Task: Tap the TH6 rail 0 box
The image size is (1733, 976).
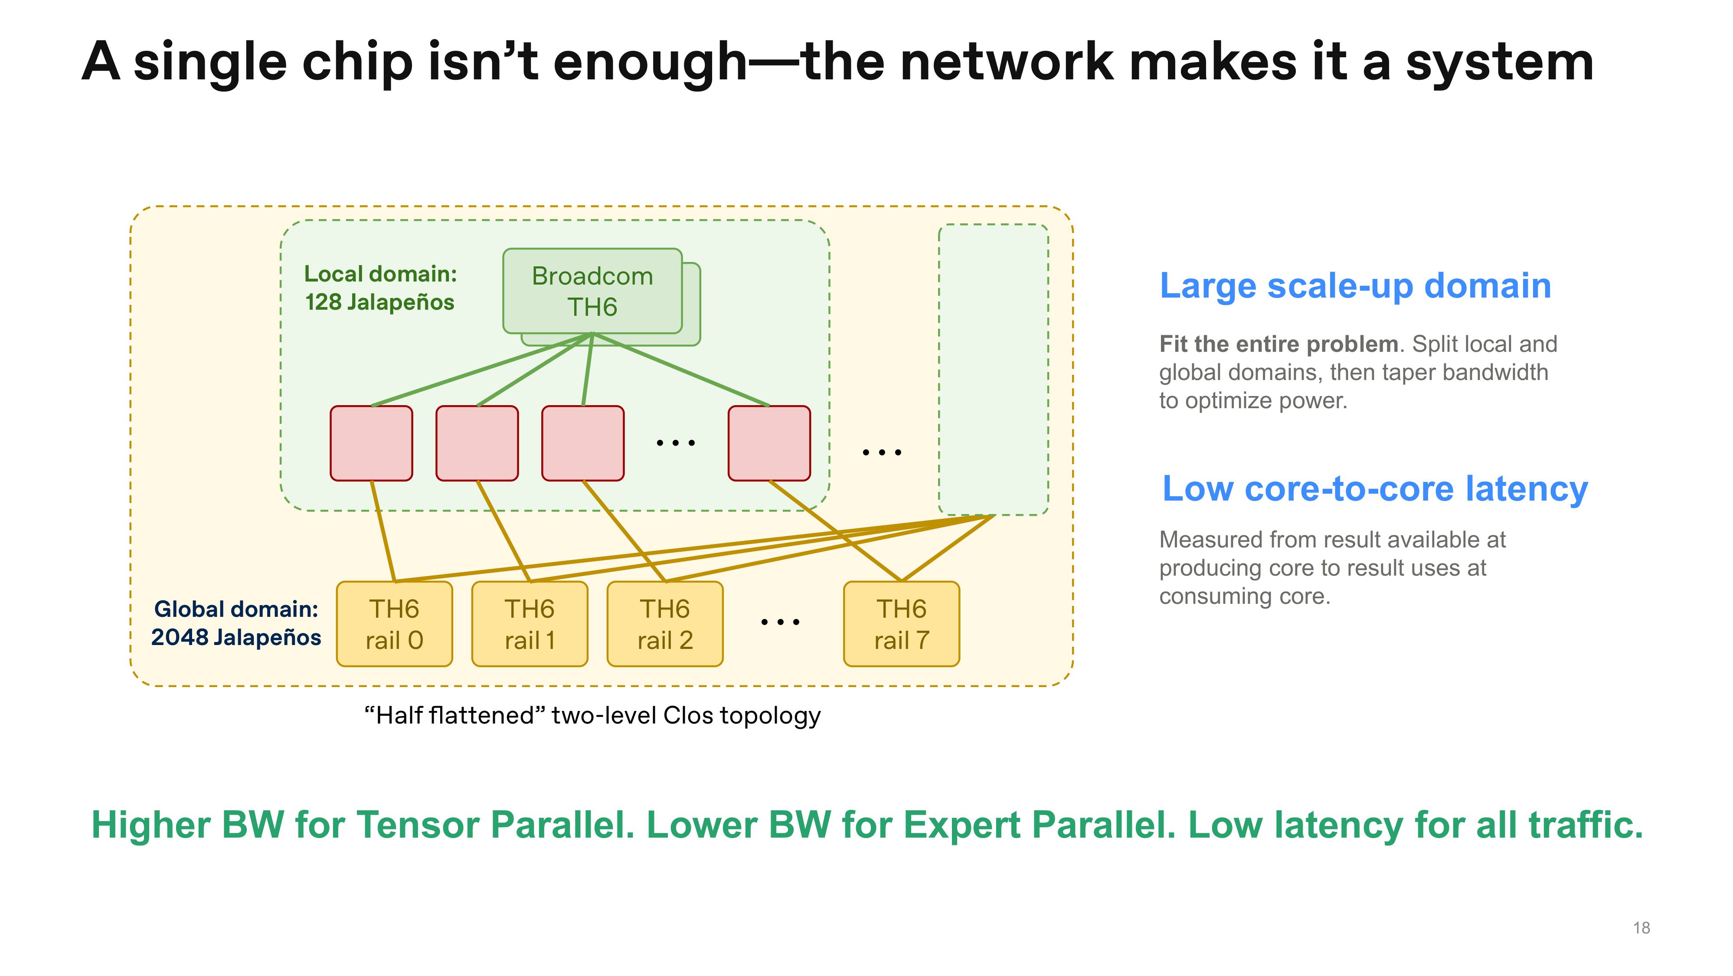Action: pos(394,624)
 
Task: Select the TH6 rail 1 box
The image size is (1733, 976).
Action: pos(530,624)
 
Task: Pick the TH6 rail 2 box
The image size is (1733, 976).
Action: pos(665,624)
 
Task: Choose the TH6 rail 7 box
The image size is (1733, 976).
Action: pos(902,624)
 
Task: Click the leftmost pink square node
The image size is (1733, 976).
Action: pos(371,443)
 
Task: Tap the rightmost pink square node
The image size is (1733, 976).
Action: pos(769,443)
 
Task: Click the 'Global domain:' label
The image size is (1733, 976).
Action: pos(236,609)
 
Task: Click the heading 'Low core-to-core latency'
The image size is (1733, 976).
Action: pos(1375,489)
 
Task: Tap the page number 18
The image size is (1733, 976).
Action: pos(1641,928)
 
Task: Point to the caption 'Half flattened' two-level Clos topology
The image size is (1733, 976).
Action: pos(592,715)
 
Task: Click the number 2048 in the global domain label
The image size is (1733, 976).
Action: pos(180,637)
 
